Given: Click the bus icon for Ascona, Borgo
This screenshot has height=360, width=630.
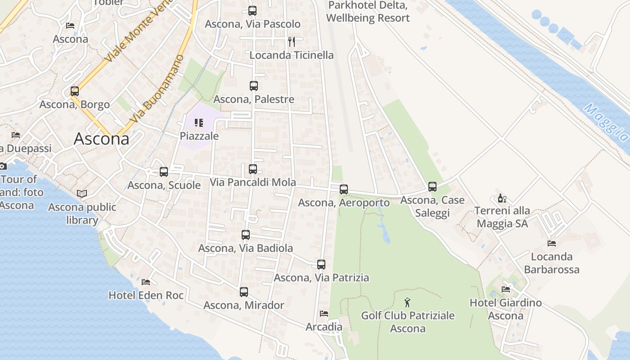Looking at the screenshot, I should click(x=75, y=91).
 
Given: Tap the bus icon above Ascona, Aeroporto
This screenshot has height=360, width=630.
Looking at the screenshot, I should click(x=344, y=189).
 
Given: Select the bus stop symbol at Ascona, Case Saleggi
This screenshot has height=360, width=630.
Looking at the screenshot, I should click(x=432, y=186).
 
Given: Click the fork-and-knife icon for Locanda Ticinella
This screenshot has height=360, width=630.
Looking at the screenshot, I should click(x=292, y=42).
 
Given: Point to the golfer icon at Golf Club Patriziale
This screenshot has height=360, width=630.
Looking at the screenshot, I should click(x=408, y=302).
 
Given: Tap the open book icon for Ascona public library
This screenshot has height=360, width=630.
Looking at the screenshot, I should click(x=81, y=193).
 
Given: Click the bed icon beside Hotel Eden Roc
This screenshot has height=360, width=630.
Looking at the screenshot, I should click(x=146, y=282).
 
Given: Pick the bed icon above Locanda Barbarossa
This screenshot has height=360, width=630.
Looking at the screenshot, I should click(x=552, y=243).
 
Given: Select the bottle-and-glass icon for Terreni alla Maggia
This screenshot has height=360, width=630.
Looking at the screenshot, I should click(x=502, y=198).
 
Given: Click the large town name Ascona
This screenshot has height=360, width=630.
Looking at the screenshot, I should click(x=101, y=139).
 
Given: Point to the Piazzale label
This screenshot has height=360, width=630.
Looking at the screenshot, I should click(x=199, y=136).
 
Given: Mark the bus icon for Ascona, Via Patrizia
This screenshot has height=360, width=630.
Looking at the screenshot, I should click(x=321, y=265).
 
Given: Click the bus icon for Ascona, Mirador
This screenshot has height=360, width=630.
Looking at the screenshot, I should click(x=244, y=292).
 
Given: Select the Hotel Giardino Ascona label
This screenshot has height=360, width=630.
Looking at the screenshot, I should click(x=506, y=309).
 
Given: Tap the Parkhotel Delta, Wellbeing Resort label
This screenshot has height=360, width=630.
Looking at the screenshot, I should click(x=368, y=12).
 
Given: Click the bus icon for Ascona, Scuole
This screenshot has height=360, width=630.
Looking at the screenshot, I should click(x=164, y=172).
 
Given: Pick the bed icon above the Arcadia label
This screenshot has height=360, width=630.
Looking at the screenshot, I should click(x=324, y=314).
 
